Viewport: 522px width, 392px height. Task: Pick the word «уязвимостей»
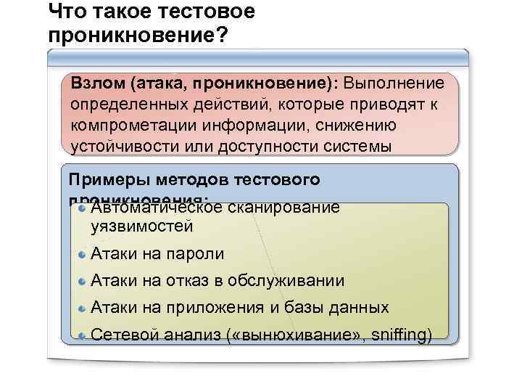(x=141, y=226)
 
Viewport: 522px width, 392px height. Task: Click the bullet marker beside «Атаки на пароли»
(x=83, y=254)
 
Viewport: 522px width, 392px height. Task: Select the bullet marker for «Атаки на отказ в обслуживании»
(x=83, y=281)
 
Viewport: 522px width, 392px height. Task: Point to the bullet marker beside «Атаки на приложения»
(x=83, y=308)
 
